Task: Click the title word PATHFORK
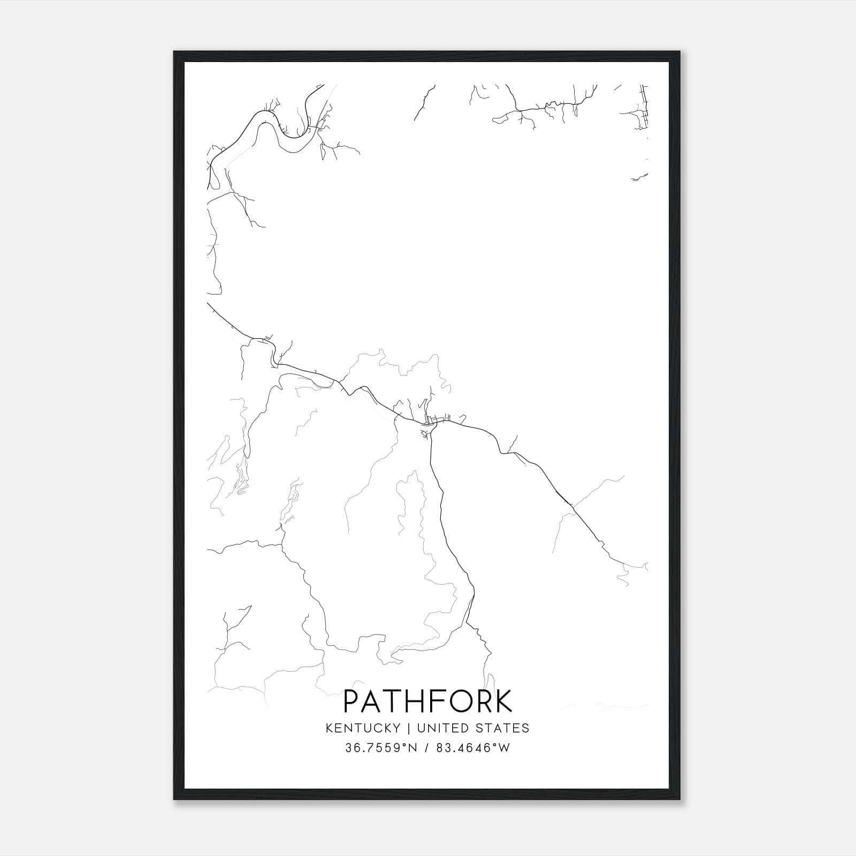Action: [427, 701]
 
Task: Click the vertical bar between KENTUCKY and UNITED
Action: [408, 728]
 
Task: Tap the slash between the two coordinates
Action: [426, 748]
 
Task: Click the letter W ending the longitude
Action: [503, 748]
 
